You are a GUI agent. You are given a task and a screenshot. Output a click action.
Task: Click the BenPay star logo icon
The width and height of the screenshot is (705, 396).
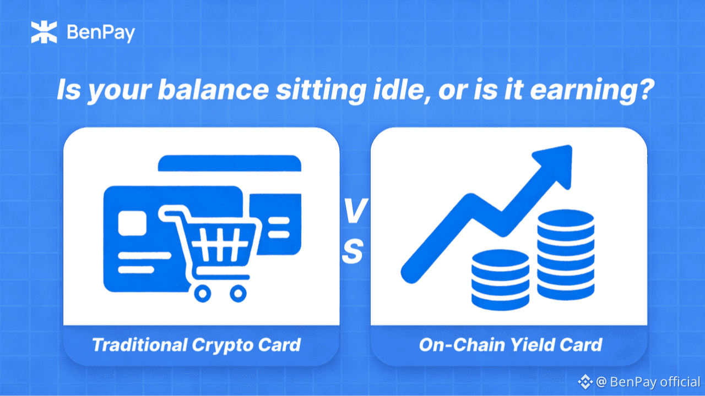coord(44,32)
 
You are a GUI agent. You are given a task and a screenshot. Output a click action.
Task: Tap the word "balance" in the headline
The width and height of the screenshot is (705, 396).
coord(213,90)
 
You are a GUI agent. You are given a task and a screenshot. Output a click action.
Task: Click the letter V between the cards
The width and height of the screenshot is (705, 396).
coord(355,211)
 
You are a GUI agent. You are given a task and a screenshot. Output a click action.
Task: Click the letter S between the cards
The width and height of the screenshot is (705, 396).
coord(352,251)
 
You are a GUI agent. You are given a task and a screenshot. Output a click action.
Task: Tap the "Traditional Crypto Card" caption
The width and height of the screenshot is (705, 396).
coord(197,345)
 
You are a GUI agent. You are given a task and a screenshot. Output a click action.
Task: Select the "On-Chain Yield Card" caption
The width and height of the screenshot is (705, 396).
coord(511,345)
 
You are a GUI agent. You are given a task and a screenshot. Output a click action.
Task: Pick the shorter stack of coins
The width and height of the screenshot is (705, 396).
coord(500,280)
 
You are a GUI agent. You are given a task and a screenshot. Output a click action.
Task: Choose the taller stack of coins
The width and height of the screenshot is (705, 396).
coord(566,255)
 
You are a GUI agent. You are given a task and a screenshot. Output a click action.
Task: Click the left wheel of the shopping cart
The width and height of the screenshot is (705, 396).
coord(203,294)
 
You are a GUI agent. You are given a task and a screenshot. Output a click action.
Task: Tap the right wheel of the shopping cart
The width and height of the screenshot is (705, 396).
coord(238,294)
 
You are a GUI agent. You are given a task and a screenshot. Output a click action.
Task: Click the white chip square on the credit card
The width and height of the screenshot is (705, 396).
coord(132,223)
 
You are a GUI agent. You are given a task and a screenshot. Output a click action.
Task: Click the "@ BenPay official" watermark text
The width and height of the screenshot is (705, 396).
coord(648,382)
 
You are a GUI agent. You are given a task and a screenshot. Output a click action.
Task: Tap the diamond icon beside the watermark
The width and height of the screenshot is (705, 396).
coord(585,382)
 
